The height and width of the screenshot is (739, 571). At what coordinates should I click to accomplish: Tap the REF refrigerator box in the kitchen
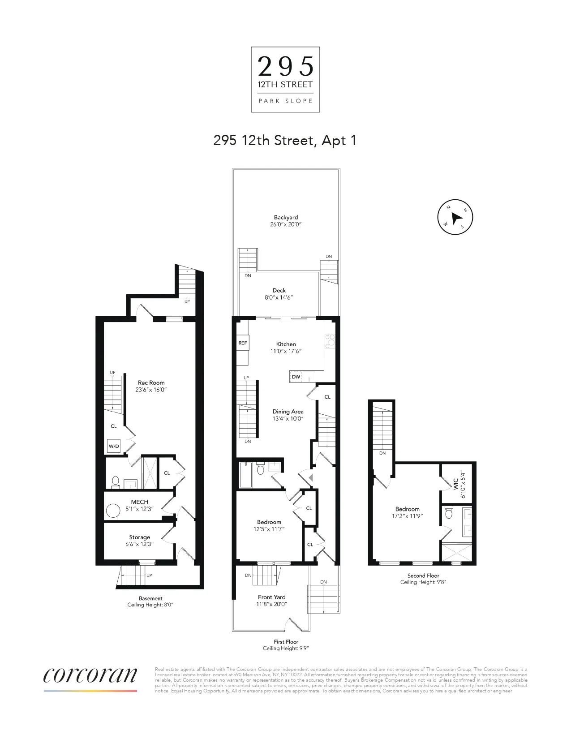point(242,343)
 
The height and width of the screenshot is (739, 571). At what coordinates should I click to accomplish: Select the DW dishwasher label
point(296,377)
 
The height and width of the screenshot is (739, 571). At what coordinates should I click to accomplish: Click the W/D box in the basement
point(114,446)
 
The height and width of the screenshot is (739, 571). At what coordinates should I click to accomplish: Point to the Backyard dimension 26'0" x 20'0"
point(286,224)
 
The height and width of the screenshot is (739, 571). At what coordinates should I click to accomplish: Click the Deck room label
point(279,290)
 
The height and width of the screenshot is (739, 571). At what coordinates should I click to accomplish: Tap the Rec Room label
point(151,382)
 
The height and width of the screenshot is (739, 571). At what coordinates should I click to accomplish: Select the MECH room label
point(140,502)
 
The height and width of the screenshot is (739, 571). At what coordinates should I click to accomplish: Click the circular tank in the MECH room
point(113,511)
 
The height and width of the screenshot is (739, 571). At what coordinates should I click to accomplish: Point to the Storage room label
point(140,537)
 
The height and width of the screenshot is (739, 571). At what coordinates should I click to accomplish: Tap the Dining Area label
point(288,412)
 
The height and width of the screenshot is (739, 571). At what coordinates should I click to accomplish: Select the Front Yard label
point(271,597)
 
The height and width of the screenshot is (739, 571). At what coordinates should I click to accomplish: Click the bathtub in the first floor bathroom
point(246,476)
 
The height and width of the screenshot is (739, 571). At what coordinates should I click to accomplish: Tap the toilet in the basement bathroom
point(115,482)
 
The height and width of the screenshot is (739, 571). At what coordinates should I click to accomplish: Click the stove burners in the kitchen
point(330,341)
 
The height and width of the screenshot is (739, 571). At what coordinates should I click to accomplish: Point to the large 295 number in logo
point(286,67)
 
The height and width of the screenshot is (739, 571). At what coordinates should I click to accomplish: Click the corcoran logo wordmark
point(90,675)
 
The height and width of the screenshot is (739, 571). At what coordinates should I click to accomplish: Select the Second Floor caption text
point(423,576)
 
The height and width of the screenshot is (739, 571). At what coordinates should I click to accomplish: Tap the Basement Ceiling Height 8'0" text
point(150,605)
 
